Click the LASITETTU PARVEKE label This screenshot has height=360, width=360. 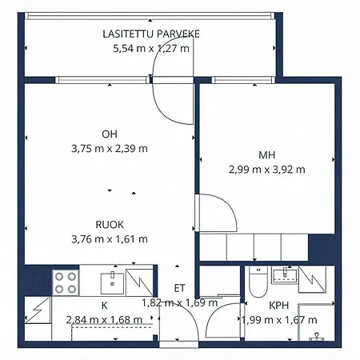[151, 34]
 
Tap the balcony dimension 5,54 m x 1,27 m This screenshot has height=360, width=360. [151, 48]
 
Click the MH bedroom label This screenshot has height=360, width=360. [266, 154]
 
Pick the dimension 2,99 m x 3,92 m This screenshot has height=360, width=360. [266, 169]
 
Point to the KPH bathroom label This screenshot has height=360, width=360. [278, 306]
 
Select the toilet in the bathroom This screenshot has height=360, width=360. [255, 282]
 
